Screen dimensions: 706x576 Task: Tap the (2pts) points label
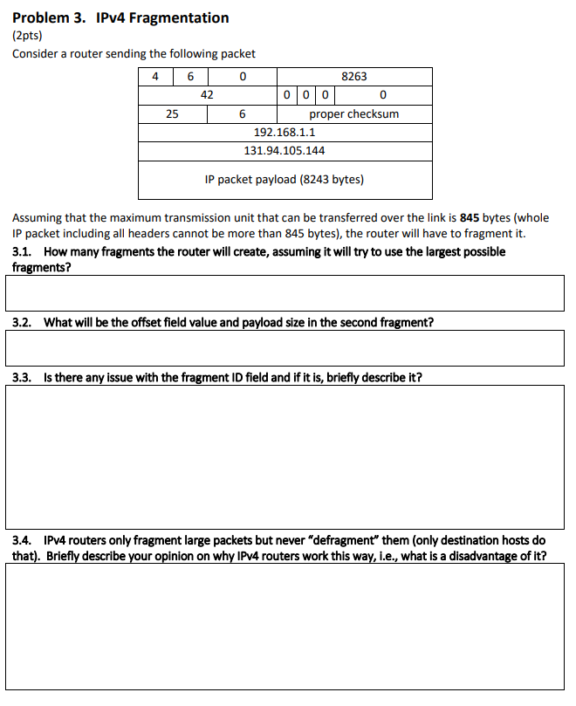pyautogui.click(x=27, y=36)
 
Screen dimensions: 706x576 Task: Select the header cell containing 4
pyautogui.click(x=155, y=77)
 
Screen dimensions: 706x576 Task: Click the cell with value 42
pyautogui.click(x=207, y=95)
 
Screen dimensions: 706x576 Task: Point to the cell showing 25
pyautogui.click(x=173, y=114)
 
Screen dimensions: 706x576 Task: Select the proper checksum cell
pyautogui.click(x=353, y=114)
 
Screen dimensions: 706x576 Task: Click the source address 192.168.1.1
pyautogui.click(x=285, y=133)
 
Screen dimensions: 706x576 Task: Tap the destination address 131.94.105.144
pyautogui.click(x=285, y=151)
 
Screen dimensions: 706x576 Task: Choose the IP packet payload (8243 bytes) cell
pyautogui.click(x=285, y=180)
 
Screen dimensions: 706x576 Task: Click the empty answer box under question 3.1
pyautogui.click(x=285, y=293)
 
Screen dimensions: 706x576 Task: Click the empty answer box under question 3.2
pyautogui.click(x=285, y=348)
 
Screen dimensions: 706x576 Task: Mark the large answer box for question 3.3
pyautogui.click(x=285, y=456)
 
